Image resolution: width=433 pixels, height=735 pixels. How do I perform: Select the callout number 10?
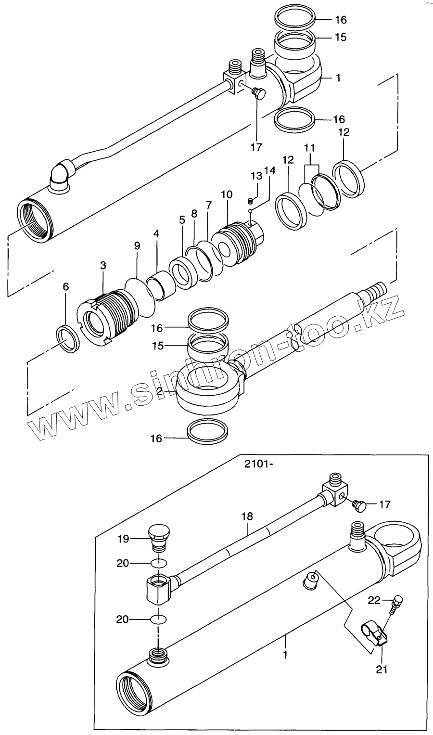(x=227, y=195)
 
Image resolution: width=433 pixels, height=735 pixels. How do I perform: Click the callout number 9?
(x=137, y=246)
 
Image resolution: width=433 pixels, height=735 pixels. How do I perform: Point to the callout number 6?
(x=66, y=287)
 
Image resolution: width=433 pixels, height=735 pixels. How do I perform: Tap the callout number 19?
(x=123, y=539)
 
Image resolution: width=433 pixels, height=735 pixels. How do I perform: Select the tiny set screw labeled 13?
(x=250, y=201)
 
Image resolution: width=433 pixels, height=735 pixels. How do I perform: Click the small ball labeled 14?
(x=251, y=210)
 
